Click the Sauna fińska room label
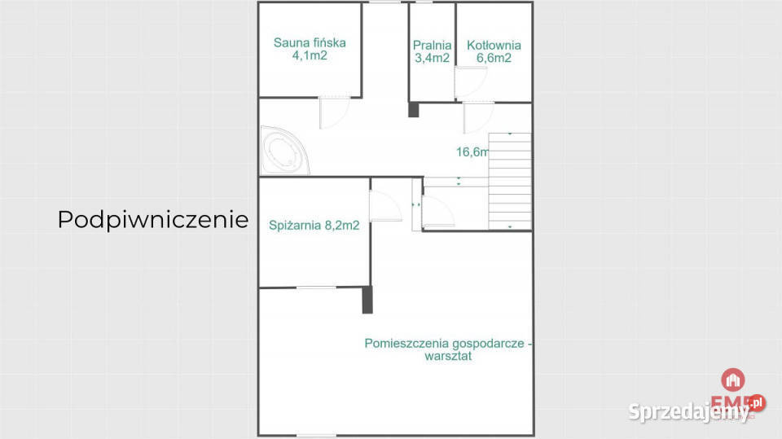pyautogui.click(x=310, y=43)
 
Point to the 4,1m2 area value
pyautogui.click(x=310, y=57)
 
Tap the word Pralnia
pyautogui.click(x=432, y=46)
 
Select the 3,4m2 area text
pyautogui.click(x=432, y=59)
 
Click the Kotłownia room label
pyautogui.click(x=494, y=46)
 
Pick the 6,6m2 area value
pyautogui.click(x=494, y=59)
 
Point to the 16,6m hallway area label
pyautogui.click(x=472, y=151)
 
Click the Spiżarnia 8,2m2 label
pyautogui.click(x=314, y=226)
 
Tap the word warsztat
pyautogui.click(x=448, y=356)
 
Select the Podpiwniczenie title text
pyautogui.click(x=152, y=220)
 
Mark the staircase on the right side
pyautogui.click(x=509, y=181)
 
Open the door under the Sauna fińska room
pyautogui.click(x=335, y=112)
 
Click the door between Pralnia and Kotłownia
pyautogui.click(x=469, y=82)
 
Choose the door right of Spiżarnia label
pyautogui.click(x=384, y=206)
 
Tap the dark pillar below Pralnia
pyautogui.click(x=413, y=109)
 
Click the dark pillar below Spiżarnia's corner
pyautogui.click(x=367, y=300)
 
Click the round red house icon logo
pyautogui.click(x=733, y=380)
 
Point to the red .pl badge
pyautogui.click(x=757, y=402)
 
